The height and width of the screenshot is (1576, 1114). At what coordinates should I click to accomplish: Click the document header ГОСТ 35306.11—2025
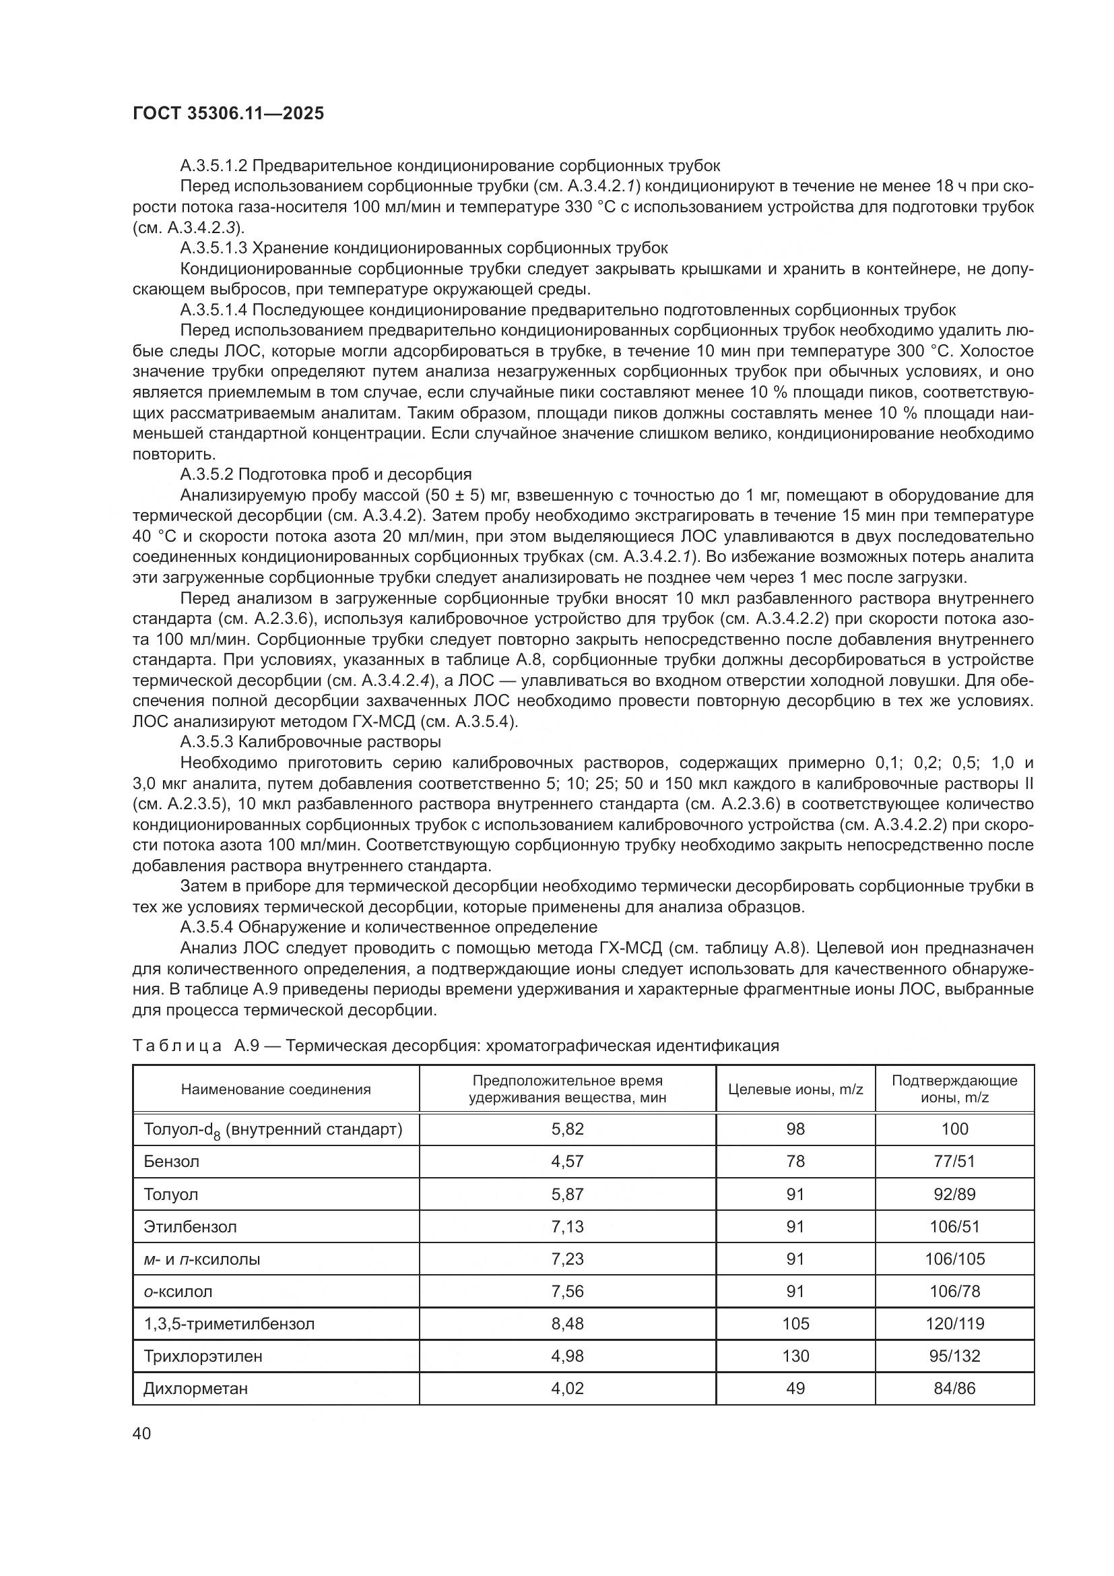(228, 114)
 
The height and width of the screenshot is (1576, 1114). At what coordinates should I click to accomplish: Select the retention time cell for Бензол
(567, 1162)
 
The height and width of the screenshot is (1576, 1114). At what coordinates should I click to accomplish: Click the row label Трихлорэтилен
(203, 1356)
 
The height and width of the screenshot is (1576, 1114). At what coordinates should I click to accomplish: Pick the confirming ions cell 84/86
(954, 1388)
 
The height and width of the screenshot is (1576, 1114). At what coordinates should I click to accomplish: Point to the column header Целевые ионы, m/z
(795, 1090)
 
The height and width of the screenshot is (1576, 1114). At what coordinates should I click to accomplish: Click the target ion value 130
(795, 1356)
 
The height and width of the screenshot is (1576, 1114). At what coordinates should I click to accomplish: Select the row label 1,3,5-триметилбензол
(229, 1323)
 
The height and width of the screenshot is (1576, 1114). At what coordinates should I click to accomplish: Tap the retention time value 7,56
(567, 1291)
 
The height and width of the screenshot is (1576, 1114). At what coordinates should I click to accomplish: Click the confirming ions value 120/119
(954, 1323)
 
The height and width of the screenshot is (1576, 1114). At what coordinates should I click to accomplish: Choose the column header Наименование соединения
(275, 1090)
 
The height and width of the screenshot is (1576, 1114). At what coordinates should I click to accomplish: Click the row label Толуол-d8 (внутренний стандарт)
(273, 1130)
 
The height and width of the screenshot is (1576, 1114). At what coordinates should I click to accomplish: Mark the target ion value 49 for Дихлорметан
(795, 1388)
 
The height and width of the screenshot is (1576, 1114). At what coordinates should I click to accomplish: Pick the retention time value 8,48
(567, 1323)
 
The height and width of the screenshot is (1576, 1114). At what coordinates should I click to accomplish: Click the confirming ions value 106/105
(954, 1259)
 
